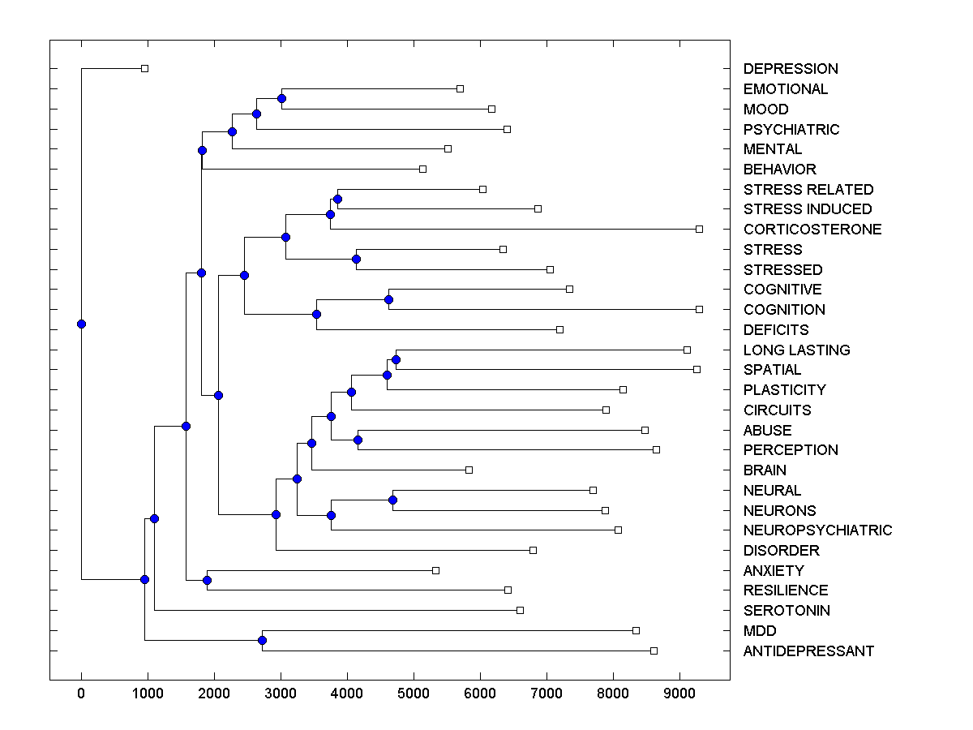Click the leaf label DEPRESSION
tap(791, 69)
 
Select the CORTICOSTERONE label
tap(812, 230)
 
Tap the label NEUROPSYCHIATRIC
tap(817, 530)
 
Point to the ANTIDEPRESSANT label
tap(808, 651)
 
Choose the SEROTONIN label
tap(787, 611)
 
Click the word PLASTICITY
tap(784, 390)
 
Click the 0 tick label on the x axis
tap(81, 693)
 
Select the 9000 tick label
tap(679, 693)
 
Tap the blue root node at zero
tap(81, 324)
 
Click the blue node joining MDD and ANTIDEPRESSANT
tap(262, 641)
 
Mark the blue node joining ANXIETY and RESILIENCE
tap(207, 580)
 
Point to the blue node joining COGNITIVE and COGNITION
tap(388, 299)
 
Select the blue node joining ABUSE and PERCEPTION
tap(358, 440)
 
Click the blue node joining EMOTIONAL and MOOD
tap(281, 99)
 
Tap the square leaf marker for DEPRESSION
tap(144, 69)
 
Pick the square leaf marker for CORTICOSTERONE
tap(699, 230)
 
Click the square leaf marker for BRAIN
tap(469, 470)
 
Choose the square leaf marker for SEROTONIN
tap(520, 610)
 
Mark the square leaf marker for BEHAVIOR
tap(422, 169)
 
